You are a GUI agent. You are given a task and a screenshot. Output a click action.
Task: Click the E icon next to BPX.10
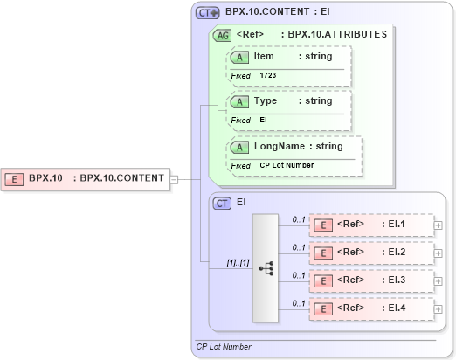(15, 178)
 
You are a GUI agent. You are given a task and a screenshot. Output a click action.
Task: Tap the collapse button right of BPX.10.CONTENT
(175, 179)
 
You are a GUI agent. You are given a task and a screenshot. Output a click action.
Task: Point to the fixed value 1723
(268, 76)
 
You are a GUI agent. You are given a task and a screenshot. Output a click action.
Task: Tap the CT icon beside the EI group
(222, 203)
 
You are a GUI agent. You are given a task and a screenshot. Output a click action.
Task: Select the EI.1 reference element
(371, 225)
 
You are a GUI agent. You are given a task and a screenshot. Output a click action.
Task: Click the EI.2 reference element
(371, 253)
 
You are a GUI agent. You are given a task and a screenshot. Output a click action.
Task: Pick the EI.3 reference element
(371, 280)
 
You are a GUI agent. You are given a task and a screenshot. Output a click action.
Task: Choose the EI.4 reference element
(371, 308)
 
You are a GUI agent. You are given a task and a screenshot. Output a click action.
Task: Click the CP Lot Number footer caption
(224, 347)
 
